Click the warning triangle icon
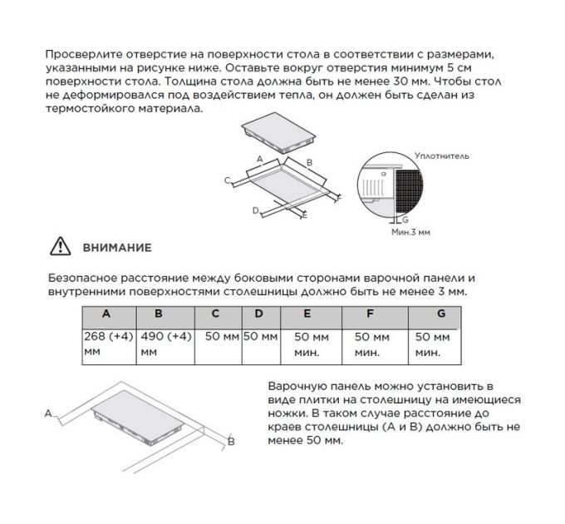pyautogui.click(x=61, y=247)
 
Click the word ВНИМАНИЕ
pyautogui.click(x=115, y=248)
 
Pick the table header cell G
pyautogui.click(x=441, y=314)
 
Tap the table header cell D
pyautogui.click(x=259, y=314)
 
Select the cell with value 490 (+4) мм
pyautogui.click(x=166, y=344)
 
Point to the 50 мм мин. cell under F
pyautogui.click(x=372, y=344)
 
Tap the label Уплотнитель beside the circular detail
pyautogui.click(x=442, y=156)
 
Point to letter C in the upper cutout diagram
pyautogui.click(x=227, y=180)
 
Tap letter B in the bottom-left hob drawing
pyautogui.click(x=232, y=442)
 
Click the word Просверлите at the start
pyautogui.click(x=78, y=54)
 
